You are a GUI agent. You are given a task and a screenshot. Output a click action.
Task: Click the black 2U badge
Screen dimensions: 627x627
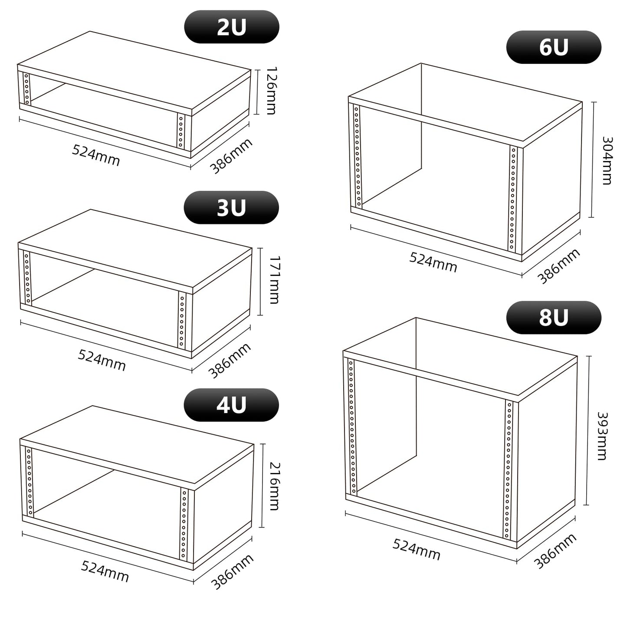[232, 26]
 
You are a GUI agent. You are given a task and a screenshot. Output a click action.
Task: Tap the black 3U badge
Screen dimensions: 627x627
[231, 207]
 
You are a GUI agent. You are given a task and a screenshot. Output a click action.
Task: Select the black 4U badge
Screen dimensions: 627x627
[231, 405]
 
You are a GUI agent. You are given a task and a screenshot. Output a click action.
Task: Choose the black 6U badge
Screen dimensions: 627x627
[554, 47]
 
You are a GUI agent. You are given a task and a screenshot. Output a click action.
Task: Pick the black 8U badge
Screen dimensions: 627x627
[554, 318]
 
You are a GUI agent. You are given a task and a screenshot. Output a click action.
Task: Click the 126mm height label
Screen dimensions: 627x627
[271, 91]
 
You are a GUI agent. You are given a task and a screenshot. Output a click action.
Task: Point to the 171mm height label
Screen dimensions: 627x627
[274, 280]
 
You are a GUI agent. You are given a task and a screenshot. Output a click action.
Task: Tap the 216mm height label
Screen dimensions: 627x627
[274, 486]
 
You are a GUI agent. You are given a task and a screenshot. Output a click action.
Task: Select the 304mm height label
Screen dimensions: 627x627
[607, 161]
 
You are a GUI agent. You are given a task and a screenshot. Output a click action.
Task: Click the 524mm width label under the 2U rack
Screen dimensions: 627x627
[96, 155]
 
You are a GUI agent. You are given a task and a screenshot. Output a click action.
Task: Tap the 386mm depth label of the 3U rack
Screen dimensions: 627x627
[230, 361]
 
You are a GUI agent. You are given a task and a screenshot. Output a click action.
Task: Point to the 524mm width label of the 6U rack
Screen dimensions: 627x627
[433, 262]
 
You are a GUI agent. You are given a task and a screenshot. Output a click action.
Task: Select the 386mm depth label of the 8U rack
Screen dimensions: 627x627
[555, 551]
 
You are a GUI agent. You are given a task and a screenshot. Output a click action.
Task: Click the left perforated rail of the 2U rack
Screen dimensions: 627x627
[26, 89]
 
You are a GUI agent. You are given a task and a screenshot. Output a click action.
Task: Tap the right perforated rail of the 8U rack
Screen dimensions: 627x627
[508, 470]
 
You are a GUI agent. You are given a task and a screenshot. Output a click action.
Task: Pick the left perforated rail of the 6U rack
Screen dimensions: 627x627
[357, 156]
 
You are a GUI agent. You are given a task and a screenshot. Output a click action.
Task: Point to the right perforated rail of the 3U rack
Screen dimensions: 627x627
[182, 321]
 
